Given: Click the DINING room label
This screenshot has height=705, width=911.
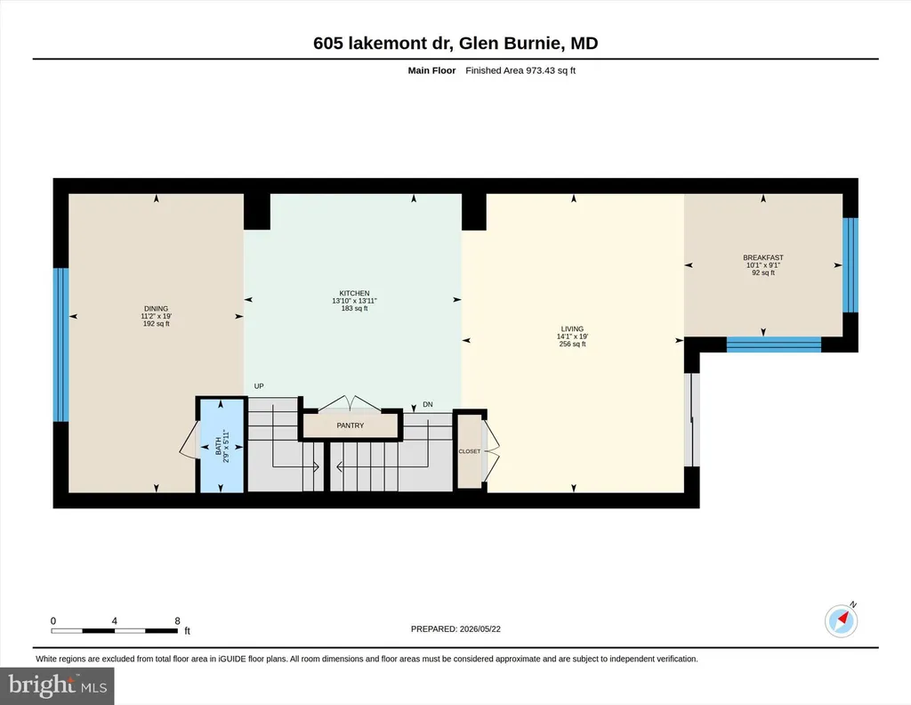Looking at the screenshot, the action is (x=157, y=309).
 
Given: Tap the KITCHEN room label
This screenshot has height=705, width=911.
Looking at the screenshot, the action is (x=354, y=294).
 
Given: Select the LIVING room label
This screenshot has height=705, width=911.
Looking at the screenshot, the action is (x=572, y=329).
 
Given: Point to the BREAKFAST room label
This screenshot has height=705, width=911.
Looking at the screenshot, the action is (x=762, y=257).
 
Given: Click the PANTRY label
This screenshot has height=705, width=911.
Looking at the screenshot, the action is (x=351, y=425).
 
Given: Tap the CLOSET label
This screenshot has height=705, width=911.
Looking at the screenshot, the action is (x=470, y=451).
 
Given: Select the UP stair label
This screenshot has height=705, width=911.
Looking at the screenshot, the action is (x=259, y=386).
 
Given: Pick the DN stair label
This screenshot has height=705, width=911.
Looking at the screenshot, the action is (x=428, y=404).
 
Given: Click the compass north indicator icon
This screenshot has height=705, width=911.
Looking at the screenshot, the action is (x=842, y=620).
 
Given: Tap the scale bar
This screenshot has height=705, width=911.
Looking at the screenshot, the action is (x=115, y=630).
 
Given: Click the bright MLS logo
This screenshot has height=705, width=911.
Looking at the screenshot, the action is (x=57, y=685).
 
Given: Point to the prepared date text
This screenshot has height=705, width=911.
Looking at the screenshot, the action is (x=455, y=628).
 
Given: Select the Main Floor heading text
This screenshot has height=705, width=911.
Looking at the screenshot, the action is (x=431, y=70).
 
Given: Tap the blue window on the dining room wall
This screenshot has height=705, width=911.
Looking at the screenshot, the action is (x=61, y=344).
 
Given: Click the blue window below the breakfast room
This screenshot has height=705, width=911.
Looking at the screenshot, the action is (x=774, y=344).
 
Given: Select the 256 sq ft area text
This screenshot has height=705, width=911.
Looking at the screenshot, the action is (x=572, y=344).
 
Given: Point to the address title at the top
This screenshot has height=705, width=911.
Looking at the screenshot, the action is (x=455, y=43).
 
